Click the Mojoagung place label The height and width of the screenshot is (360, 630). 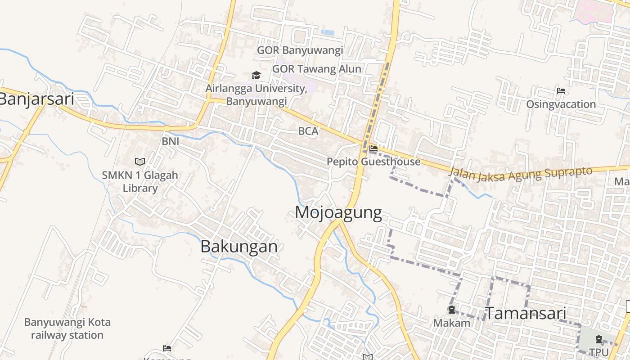pos(338,212)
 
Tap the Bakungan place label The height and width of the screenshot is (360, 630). pos(239,246)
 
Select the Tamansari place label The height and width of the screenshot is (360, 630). pos(525,313)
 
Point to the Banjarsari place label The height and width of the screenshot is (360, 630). pos(36,99)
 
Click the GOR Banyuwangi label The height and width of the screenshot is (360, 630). pos(300,50)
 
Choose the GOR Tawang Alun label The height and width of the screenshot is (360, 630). pos(317,69)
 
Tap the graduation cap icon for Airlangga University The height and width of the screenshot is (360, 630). pos(256,75)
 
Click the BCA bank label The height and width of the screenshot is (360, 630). pos(308,131)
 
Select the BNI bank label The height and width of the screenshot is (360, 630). pos(171,141)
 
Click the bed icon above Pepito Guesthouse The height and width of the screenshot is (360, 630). pos(373,148)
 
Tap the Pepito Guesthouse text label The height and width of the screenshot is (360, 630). pos(373,162)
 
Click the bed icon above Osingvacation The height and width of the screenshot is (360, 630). pos(561,91)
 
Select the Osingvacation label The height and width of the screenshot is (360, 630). pos(561,104)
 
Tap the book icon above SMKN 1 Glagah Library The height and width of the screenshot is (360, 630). pos(140,162)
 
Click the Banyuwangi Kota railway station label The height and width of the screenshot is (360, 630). pos(67,328)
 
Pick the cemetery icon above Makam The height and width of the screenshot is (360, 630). pos(451,310)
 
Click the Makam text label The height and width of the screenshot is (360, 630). pos(452,323)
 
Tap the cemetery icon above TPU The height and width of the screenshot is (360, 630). pos(599,339)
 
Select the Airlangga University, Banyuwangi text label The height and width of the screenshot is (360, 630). pos(256,94)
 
